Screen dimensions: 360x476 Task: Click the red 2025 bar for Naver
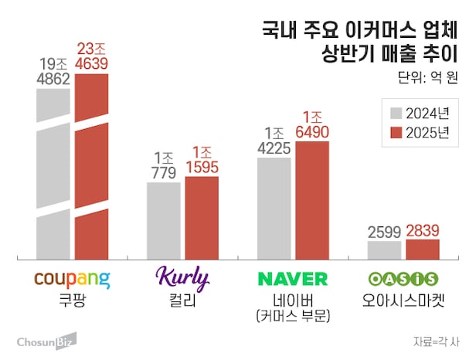[312, 201]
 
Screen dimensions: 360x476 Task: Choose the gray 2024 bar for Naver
[274, 209]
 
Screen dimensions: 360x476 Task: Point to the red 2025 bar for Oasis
[423, 250]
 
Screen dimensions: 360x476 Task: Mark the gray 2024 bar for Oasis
[384, 250]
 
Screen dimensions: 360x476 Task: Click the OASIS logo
[403, 278]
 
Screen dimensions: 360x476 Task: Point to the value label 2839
[423, 230]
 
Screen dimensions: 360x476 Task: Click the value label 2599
[384, 232]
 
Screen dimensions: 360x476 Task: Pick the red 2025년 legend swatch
[396, 131]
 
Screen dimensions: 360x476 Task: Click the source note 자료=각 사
[435, 341]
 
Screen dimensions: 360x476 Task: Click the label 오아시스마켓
[403, 301]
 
